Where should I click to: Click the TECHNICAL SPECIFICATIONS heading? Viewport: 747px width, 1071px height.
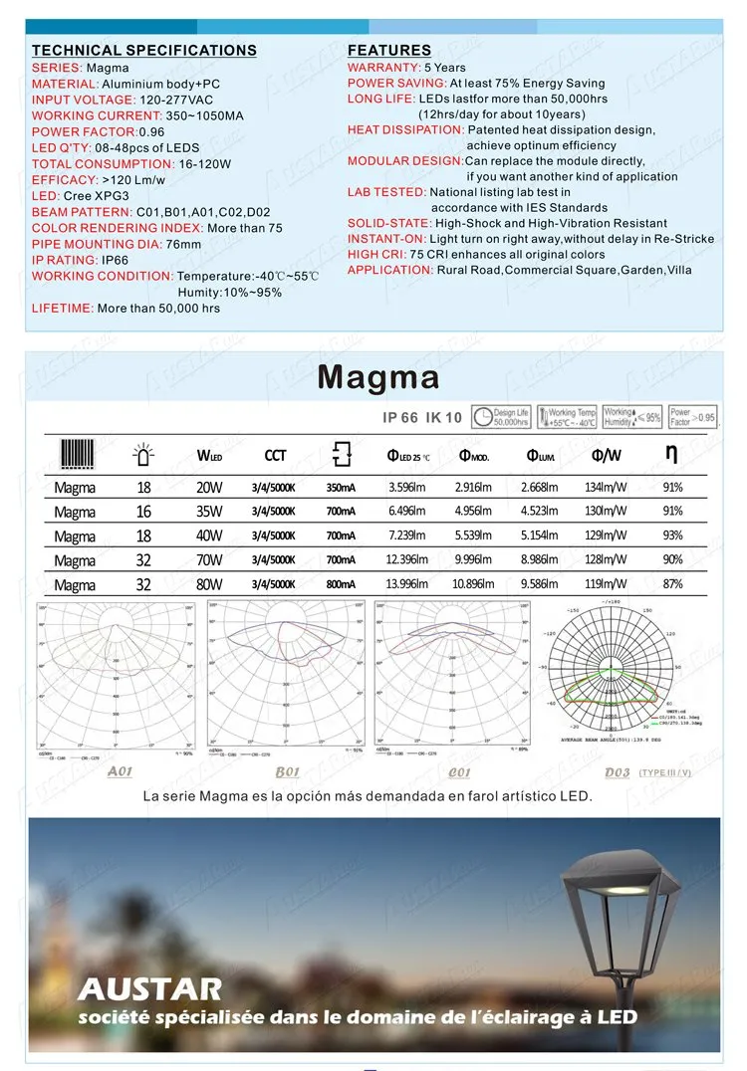pyautogui.click(x=144, y=51)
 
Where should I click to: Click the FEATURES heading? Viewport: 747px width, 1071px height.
pyautogui.click(x=389, y=51)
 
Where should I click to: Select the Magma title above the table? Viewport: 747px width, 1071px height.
pyautogui.click(x=377, y=378)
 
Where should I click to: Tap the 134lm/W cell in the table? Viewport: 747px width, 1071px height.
pyautogui.click(x=607, y=488)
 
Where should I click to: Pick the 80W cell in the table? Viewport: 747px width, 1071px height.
pyautogui.click(x=210, y=584)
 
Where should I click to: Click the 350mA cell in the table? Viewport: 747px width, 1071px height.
pyautogui.click(x=341, y=488)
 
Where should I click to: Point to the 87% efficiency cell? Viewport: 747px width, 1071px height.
pyautogui.click(x=672, y=584)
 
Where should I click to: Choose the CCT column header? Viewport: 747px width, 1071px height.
pyautogui.click(x=275, y=456)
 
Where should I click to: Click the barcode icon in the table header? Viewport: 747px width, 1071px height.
pyautogui.click(x=77, y=454)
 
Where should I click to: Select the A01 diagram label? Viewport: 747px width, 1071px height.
pyautogui.click(x=120, y=771)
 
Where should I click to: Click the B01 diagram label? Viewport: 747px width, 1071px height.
pyautogui.click(x=287, y=771)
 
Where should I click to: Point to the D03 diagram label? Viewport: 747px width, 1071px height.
pyautogui.click(x=618, y=771)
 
